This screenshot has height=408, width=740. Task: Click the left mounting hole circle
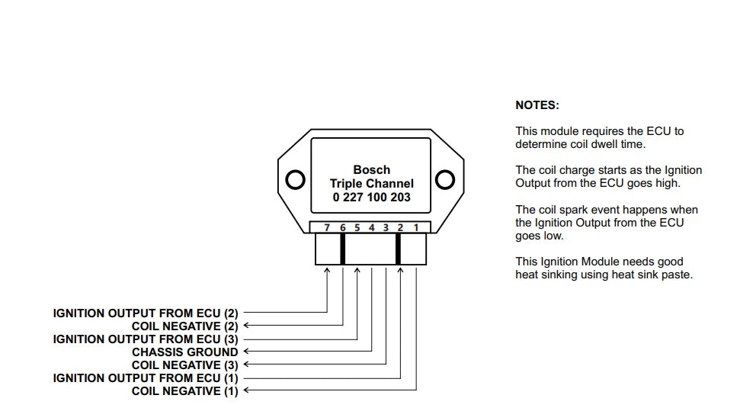coord(295,180)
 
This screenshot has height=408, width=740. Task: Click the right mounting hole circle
coord(444,180)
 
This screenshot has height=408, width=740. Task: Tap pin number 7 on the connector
coord(327,227)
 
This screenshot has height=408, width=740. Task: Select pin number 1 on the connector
coord(416,227)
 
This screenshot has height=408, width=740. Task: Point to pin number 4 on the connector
coord(372,227)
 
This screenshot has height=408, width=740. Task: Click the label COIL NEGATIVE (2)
coord(185,326)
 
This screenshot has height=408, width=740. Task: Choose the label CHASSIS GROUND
coord(185,352)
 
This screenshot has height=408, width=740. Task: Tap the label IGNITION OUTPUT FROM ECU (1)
coord(146,378)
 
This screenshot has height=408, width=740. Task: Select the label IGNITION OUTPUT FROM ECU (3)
coord(146,339)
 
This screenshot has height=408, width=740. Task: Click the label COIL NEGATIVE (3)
coord(185,365)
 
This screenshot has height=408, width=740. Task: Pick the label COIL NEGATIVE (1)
coord(185,391)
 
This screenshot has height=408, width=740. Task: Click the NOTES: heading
coord(537,105)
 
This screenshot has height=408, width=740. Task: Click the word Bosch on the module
coord(372,170)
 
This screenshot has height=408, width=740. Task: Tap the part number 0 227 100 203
coord(372,197)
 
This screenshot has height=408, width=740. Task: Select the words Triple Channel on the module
coord(372,184)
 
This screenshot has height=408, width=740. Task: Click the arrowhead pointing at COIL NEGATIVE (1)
coord(245,391)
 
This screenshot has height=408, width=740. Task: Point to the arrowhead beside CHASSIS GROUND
coord(245,352)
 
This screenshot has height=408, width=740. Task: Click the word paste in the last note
coord(677,275)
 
